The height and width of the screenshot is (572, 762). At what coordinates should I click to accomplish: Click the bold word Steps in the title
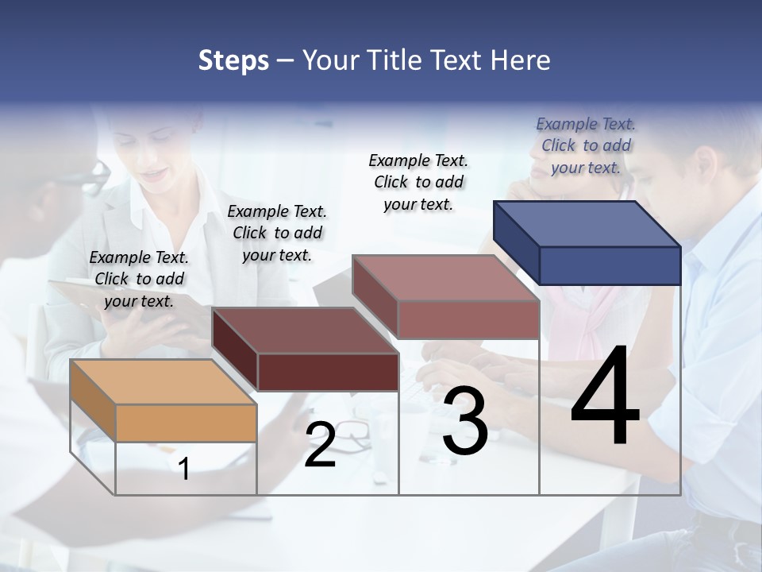233,60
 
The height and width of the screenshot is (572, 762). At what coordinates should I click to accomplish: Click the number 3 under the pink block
465,421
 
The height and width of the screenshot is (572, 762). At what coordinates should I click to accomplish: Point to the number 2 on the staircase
320,445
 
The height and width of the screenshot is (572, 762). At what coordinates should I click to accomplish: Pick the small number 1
184,469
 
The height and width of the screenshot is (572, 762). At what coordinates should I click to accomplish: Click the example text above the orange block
139,279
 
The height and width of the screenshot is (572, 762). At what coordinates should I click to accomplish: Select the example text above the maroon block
277,233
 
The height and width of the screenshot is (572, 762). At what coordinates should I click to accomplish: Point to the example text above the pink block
418,182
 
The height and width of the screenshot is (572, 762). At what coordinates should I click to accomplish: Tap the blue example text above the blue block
586,145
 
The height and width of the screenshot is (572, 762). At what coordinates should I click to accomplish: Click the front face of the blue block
610,265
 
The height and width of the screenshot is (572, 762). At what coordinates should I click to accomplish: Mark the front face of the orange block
186,423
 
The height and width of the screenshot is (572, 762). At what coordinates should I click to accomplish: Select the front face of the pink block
468,319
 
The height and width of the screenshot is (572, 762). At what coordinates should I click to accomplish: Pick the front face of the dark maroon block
328,372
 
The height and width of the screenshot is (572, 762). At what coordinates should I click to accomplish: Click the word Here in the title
522,60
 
